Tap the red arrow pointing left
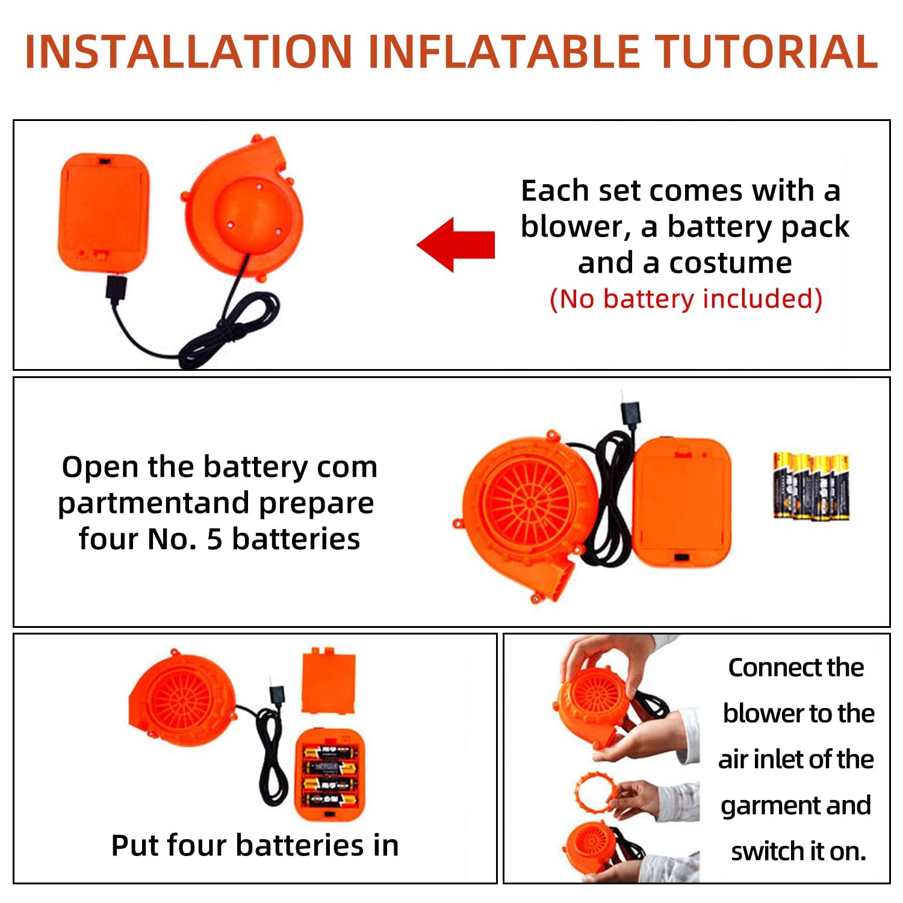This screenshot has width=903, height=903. (x=456, y=245)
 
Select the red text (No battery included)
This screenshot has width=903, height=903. (x=686, y=299)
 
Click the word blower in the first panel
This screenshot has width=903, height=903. (x=572, y=227)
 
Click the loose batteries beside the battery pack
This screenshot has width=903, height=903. (x=811, y=486)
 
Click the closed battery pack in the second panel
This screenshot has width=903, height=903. (x=682, y=502)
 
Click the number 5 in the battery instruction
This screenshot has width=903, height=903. (x=215, y=539)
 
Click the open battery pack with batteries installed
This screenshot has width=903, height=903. (x=329, y=774)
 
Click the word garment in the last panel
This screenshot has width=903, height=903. (x=775, y=806)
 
